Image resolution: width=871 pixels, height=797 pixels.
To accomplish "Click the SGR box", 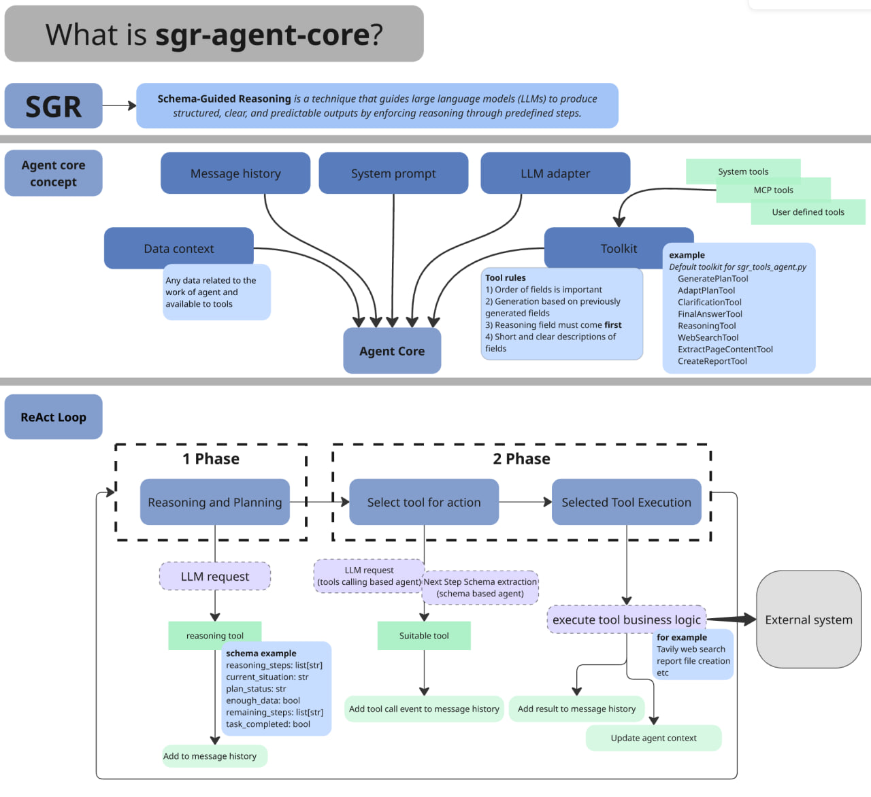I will [x=53, y=106].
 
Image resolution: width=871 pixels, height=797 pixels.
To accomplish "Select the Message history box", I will [x=235, y=173].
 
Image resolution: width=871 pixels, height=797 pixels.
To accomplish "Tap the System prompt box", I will [x=393, y=173].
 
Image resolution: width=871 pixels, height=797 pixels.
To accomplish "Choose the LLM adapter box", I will [x=555, y=173].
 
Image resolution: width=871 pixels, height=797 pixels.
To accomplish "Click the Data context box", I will [x=178, y=248].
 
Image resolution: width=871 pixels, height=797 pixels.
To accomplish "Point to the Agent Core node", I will [x=392, y=351].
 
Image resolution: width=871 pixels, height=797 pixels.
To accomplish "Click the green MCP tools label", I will [x=773, y=190].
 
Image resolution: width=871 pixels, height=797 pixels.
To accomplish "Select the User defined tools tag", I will [x=808, y=212].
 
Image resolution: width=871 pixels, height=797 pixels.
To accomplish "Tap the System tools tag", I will [x=742, y=171].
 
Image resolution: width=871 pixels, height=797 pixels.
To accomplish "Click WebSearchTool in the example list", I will [x=708, y=338].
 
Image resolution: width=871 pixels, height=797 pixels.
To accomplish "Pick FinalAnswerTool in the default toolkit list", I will [x=710, y=314].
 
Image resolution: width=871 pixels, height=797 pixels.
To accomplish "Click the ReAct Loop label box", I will [x=53, y=417].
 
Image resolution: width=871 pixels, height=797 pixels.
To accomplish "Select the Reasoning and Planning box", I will [x=214, y=503].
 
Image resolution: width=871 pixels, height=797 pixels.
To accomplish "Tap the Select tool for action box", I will [x=423, y=503].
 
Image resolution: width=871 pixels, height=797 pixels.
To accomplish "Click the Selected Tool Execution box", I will [x=626, y=503].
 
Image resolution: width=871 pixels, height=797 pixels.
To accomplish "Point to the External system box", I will [x=808, y=620].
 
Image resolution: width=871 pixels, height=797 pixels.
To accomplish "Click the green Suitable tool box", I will [x=423, y=636].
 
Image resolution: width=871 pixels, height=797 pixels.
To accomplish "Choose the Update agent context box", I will [x=653, y=739].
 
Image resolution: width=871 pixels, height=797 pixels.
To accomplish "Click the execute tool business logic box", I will [x=626, y=620].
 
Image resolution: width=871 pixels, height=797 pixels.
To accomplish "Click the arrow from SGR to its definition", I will [x=119, y=106].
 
